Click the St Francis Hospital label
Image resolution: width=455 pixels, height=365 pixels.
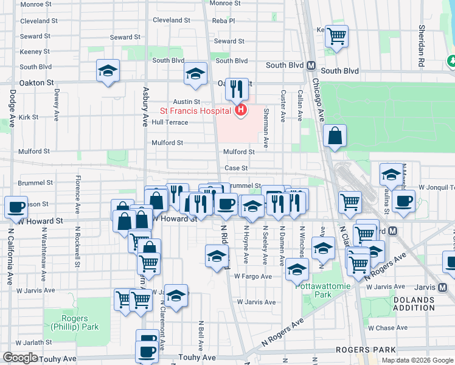(x=195, y=111)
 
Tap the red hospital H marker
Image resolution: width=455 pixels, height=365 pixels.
(x=241, y=110)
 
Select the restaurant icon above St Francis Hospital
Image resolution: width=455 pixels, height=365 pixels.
(x=237, y=89)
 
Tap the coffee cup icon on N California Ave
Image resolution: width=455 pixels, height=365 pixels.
(x=16, y=206)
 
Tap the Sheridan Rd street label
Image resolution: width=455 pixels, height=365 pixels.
(x=421, y=38)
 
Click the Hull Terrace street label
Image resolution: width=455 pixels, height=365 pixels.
(x=170, y=122)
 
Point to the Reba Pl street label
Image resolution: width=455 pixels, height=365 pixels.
(x=223, y=20)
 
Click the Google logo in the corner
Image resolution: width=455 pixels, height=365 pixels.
(x=21, y=358)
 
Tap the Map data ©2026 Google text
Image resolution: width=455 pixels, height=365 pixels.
(x=417, y=360)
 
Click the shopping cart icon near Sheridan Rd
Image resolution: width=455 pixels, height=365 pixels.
(x=336, y=35)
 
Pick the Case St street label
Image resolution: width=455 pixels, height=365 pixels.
(x=236, y=168)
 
